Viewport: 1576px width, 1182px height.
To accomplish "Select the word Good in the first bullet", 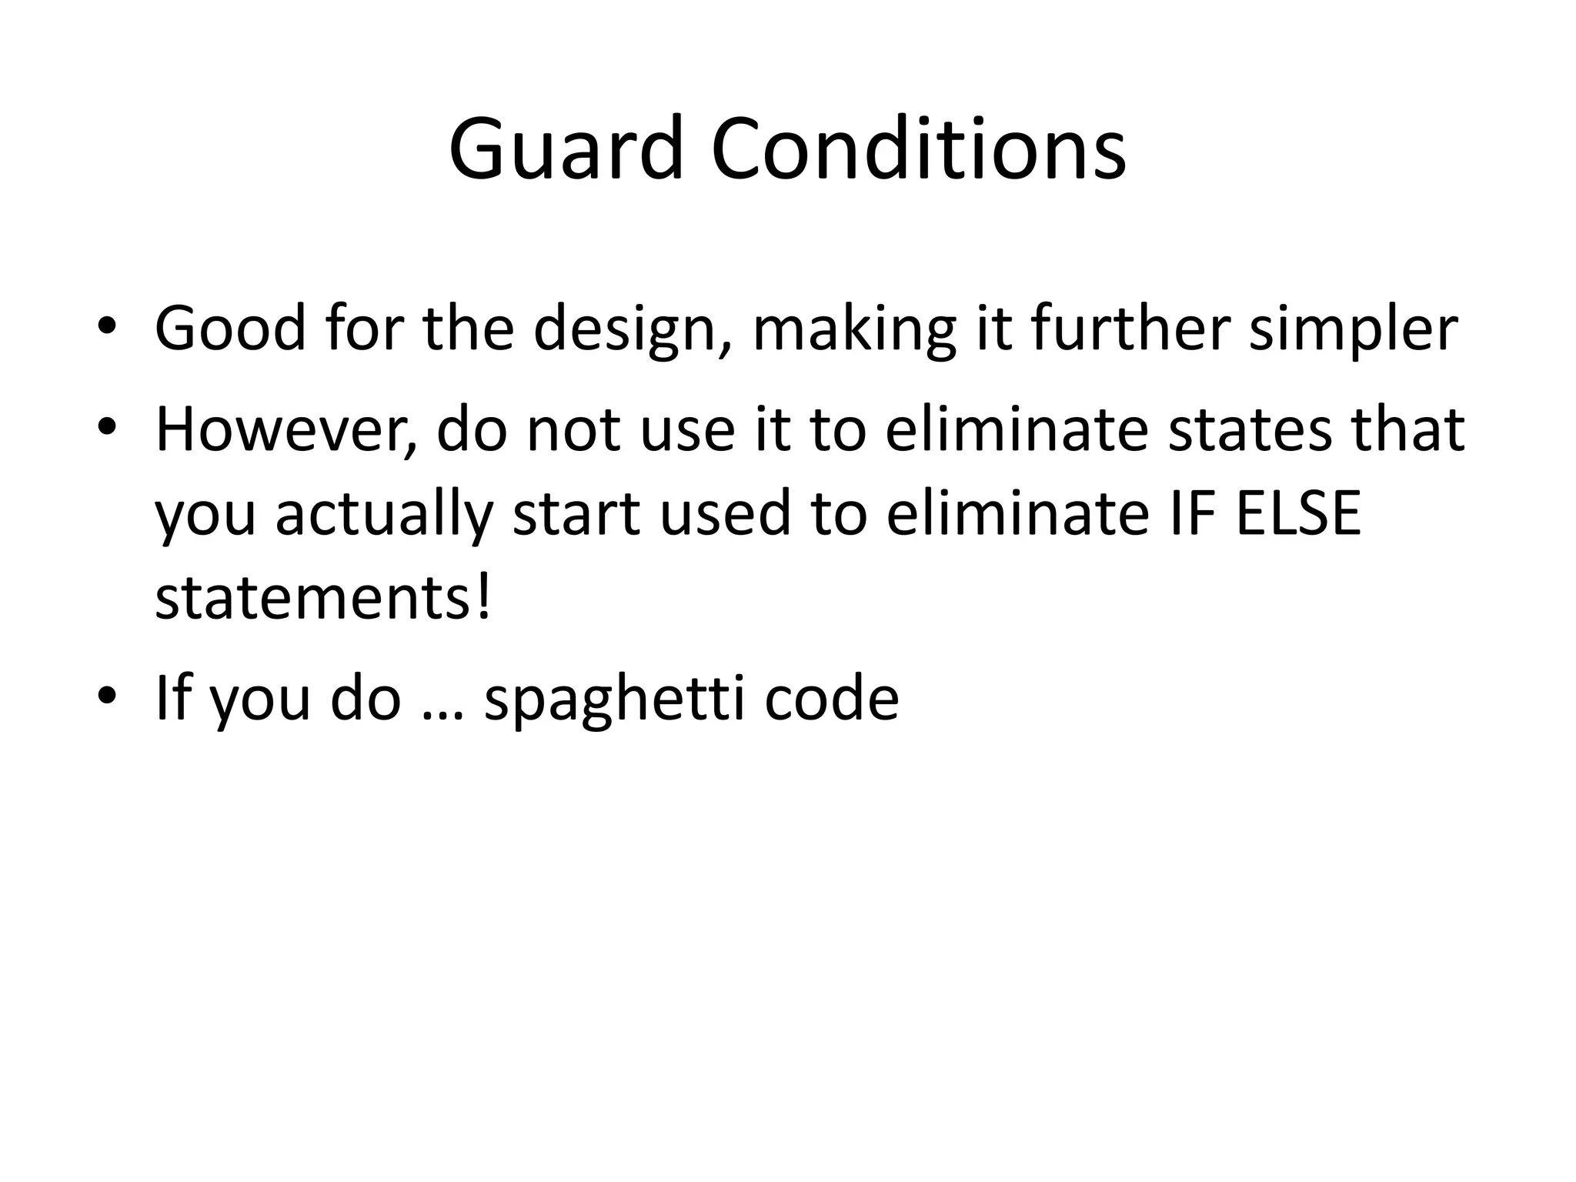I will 230,328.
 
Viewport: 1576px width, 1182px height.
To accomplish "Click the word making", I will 854,329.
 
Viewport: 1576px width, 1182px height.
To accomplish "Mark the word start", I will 576,514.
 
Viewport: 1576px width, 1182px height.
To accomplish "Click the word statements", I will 314,599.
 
